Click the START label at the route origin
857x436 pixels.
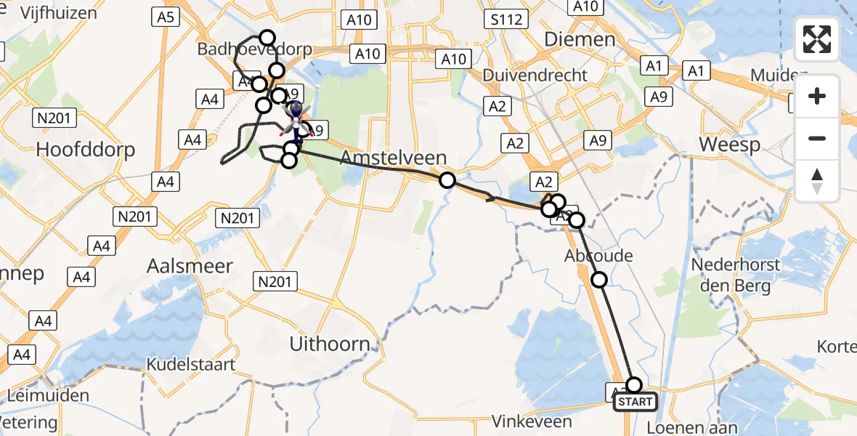coord(636,401)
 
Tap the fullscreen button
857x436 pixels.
coord(817,39)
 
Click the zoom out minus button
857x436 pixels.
coord(817,139)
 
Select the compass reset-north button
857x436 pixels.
coord(817,181)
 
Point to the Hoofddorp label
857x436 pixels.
coord(86,150)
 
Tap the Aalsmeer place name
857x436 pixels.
coord(179,266)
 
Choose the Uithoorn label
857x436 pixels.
coord(330,344)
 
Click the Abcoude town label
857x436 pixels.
coord(598,256)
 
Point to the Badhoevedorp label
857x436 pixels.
coord(255,50)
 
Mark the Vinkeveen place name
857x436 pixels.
coord(532,421)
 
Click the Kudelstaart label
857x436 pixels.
coord(191,364)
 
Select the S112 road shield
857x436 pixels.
coord(506,19)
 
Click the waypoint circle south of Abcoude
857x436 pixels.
coord(599,279)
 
